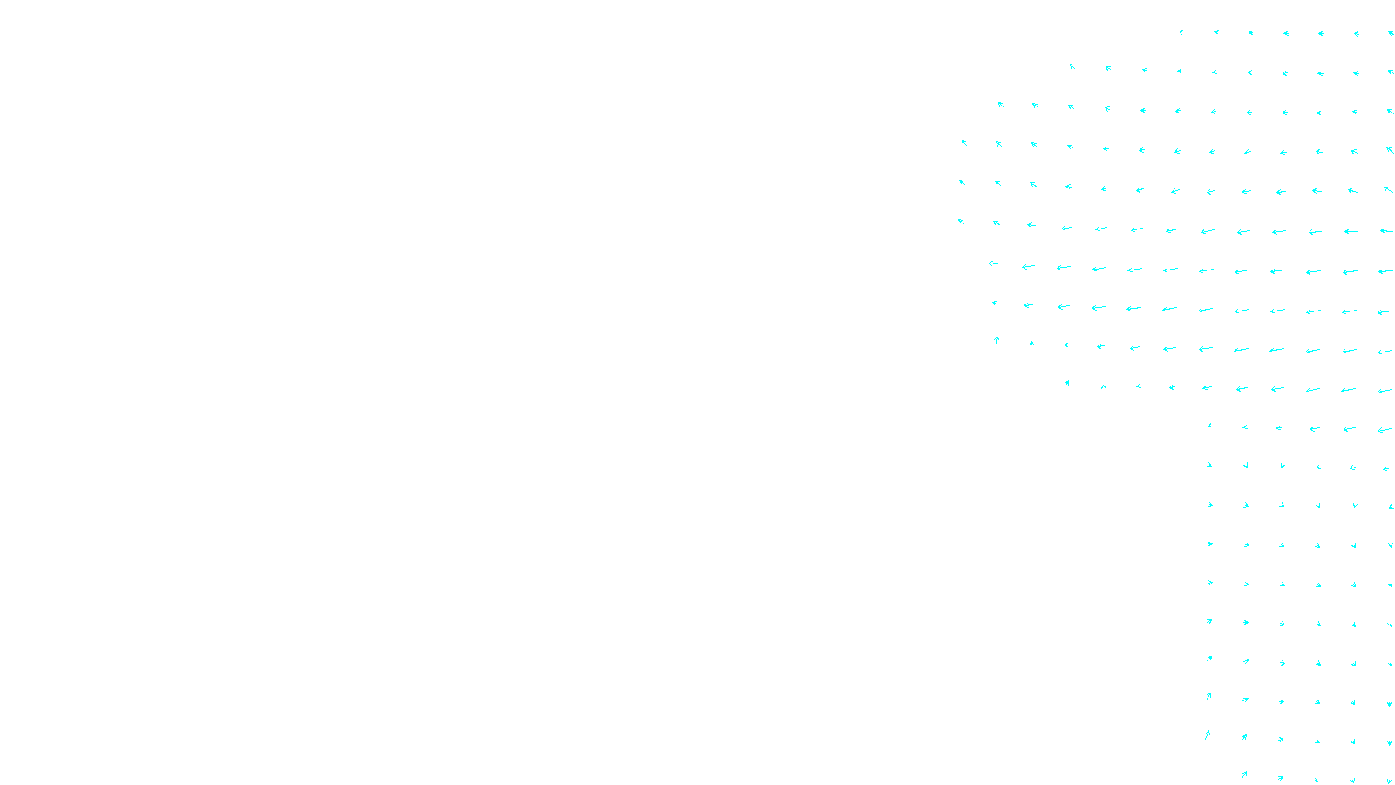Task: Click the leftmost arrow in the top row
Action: (1181, 32)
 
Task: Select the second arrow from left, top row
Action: (1216, 32)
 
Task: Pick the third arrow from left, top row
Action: (1251, 33)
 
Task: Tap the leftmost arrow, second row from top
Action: (1072, 66)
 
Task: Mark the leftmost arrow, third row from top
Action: (1001, 105)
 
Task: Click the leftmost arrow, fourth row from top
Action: (964, 143)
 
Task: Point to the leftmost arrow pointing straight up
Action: (997, 339)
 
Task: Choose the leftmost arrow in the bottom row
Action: (1244, 775)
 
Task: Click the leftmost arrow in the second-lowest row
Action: (1208, 734)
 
